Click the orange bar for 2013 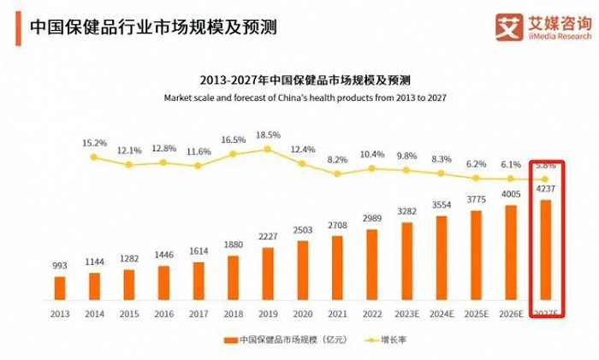(x=59, y=288)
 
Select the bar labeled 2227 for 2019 (x=269, y=274)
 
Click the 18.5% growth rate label (x=268, y=135)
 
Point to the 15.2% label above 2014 (x=94, y=143)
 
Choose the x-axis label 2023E (x=408, y=313)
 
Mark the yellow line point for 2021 (x=338, y=174)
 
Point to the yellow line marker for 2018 (x=234, y=155)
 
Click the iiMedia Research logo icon (x=511, y=27)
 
